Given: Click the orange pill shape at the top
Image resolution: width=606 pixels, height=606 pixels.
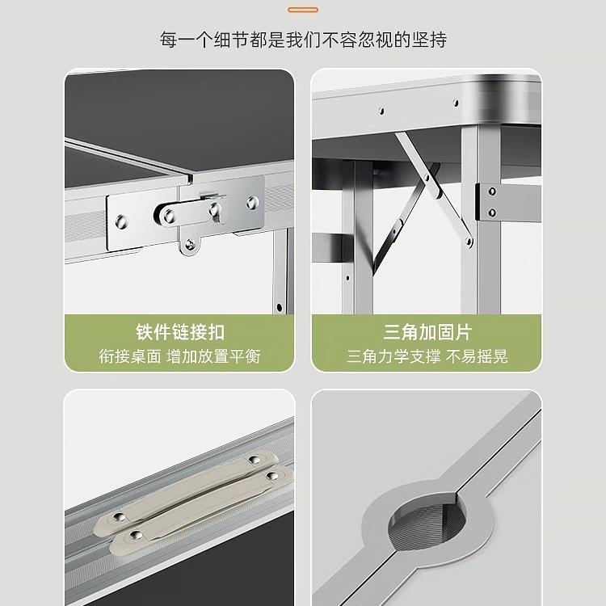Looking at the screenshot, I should click(x=302, y=10).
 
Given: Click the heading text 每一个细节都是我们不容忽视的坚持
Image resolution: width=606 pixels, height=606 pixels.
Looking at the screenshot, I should click(x=303, y=39).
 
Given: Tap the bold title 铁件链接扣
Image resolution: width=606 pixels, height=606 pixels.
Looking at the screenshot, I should click(x=179, y=332).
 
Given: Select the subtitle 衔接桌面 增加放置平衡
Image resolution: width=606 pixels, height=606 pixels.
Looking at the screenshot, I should click(x=179, y=356).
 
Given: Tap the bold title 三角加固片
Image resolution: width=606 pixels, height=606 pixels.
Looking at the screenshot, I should click(x=427, y=332).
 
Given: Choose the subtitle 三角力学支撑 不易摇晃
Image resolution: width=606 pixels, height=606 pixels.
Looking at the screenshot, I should click(x=427, y=356).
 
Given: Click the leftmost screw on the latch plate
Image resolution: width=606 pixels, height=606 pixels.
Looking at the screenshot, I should click(x=122, y=220).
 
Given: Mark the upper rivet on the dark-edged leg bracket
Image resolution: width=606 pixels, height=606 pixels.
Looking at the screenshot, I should click(x=491, y=192).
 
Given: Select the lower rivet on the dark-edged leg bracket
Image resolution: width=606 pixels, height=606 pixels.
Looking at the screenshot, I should click(x=492, y=213).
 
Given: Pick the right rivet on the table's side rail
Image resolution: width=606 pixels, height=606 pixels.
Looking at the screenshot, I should click(x=456, y=103).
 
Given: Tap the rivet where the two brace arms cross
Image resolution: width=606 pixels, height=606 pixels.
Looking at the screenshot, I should click(x=434, y=191).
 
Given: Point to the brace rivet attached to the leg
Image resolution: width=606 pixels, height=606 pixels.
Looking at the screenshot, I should click(x=468, y=235).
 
